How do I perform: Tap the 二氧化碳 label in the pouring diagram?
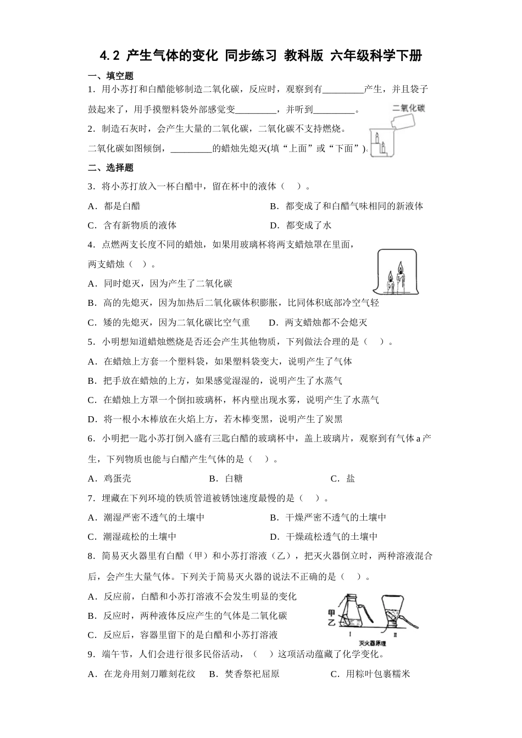coord(408,108)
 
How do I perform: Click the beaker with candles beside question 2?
coord(382,144)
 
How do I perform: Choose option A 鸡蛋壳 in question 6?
coord(110,478)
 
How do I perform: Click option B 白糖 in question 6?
coord(226,478)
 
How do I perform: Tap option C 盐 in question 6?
coord(343,478)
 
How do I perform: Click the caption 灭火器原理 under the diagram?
coord(372,643)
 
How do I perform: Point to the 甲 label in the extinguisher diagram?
coord(331,612)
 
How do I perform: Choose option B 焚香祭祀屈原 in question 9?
coord(245,674)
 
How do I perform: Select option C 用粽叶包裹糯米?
coord(370,674)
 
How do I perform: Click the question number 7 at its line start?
coord(91,498)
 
